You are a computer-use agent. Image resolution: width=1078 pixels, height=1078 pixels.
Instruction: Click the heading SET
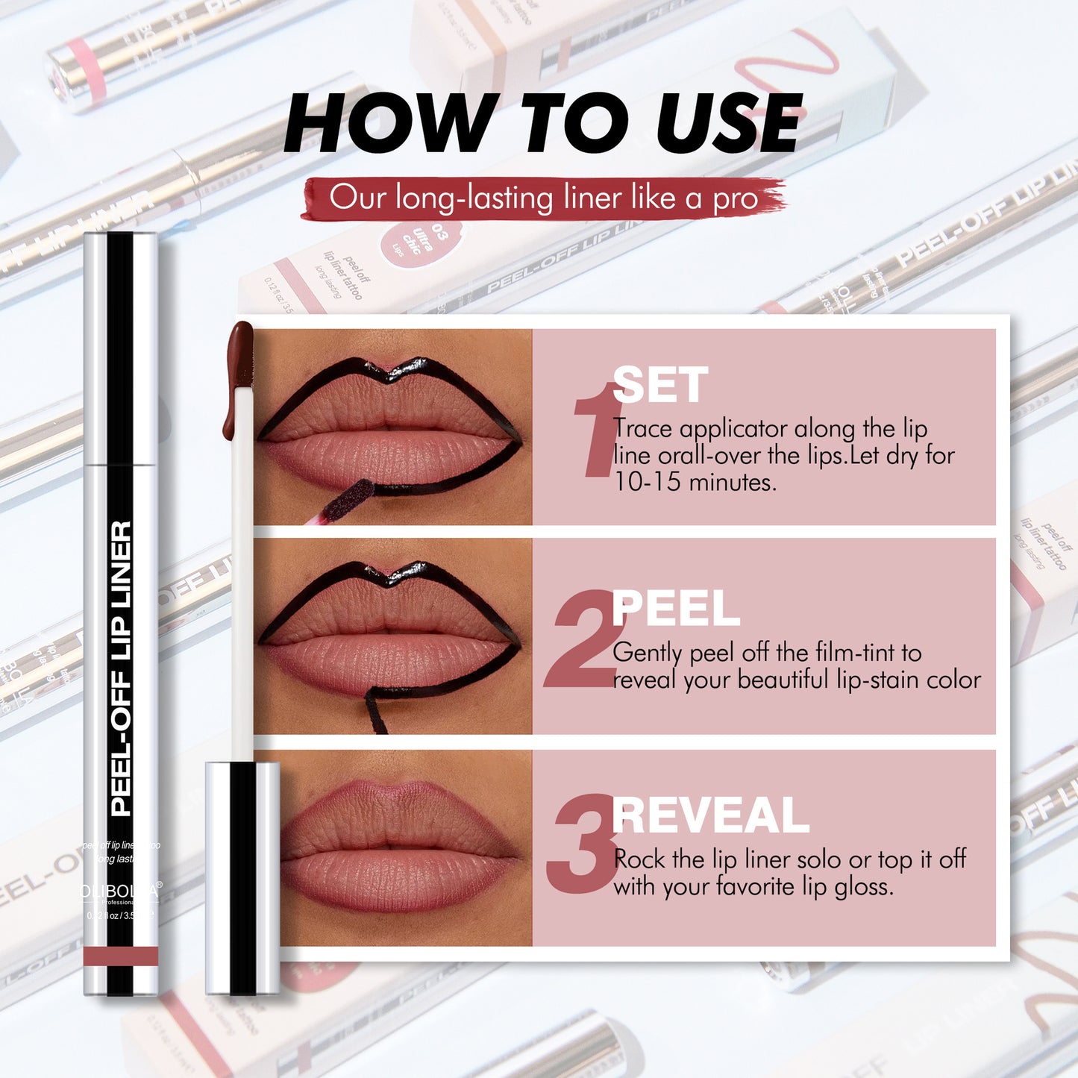tap(659, 386)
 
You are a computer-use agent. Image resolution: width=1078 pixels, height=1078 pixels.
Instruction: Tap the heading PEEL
tap(675, 609)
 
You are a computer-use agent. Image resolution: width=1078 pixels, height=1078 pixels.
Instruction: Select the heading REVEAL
tap(710, 815)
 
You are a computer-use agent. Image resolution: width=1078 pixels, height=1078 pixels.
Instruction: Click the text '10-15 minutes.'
tap(695, 483)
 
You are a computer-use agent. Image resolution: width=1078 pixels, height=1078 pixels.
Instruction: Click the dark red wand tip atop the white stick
tap(239, 358)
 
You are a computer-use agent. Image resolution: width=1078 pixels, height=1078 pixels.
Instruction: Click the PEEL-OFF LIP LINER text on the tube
tap(121, 668)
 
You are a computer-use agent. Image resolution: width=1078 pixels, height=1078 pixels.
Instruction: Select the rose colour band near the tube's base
tap(121, 956)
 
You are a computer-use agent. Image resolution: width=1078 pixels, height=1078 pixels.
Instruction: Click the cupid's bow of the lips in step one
tap(389, 371)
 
